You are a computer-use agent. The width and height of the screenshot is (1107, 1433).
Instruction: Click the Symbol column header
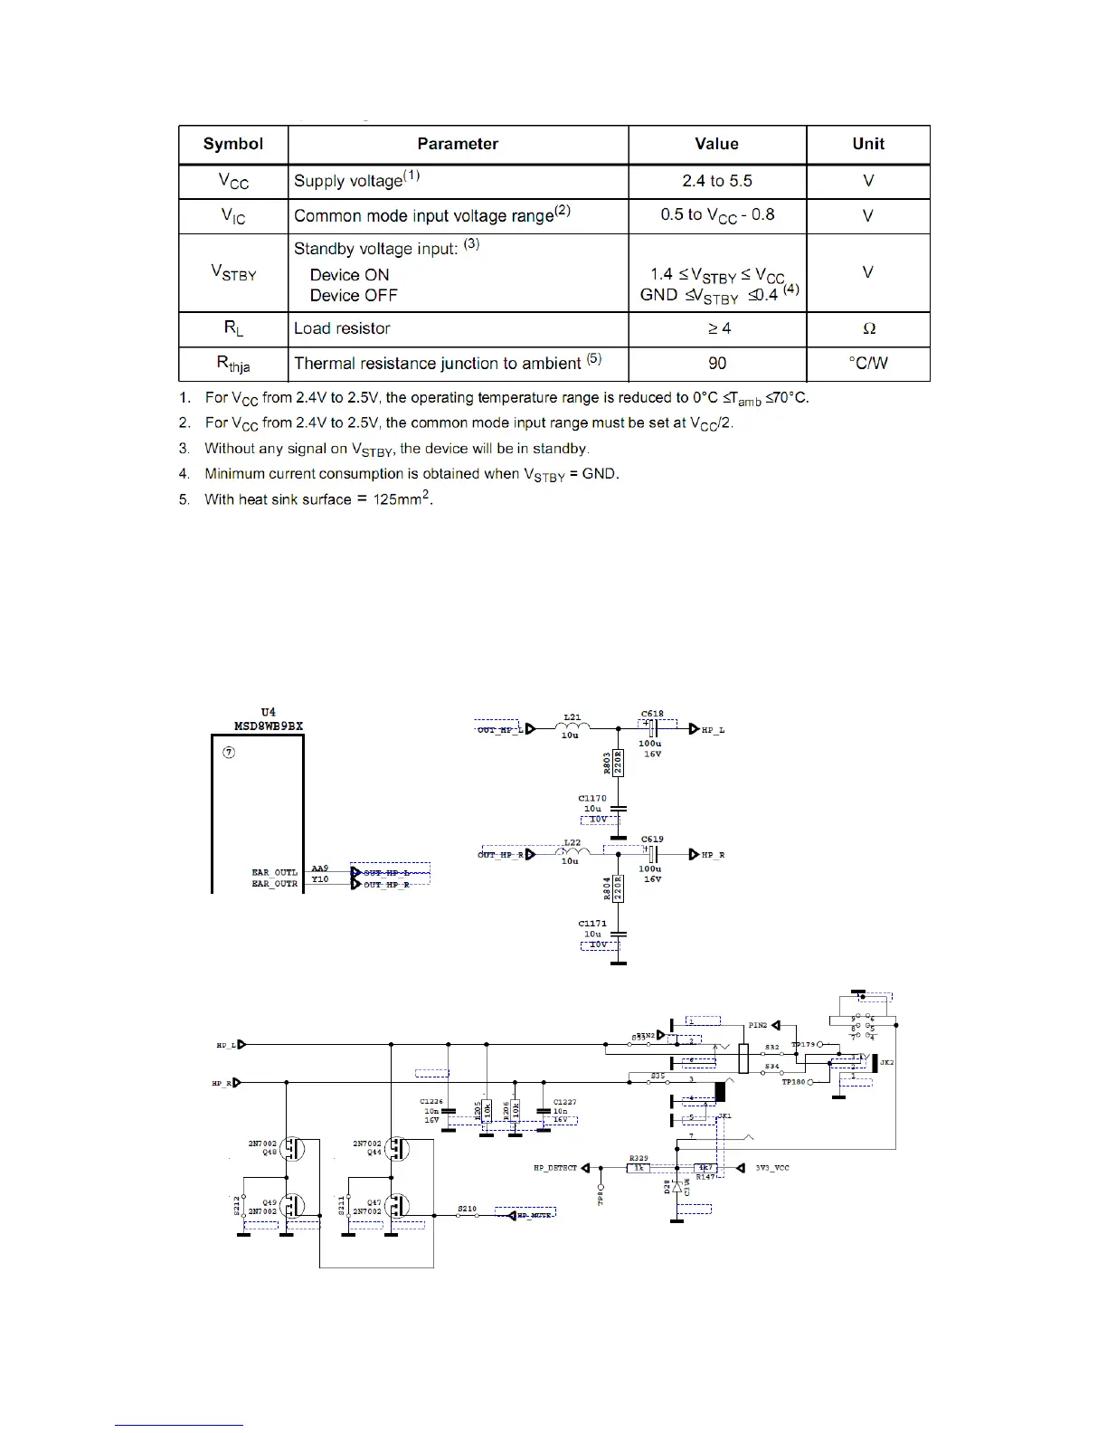[x=233, y=144]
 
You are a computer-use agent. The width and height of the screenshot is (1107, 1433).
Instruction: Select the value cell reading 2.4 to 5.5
[x=716, y=181]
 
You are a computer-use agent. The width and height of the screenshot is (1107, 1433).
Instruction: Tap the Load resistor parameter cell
[x=342, y=328]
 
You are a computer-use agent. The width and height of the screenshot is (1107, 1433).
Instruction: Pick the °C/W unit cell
[x=867, y=363]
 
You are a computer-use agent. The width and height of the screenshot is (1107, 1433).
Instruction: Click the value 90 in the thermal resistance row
[x=716, y=363]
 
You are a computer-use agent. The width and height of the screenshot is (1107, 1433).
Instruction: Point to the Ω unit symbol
[x=868, y=329]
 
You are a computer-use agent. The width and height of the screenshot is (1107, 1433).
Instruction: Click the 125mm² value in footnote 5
[x=402, y=498]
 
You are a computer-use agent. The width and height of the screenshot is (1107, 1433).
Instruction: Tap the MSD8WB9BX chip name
[x=269, y=726]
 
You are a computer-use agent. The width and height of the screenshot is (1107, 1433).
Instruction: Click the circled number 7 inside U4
[x=230, y=753]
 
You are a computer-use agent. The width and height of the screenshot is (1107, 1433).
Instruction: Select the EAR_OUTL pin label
[x=274, y=873]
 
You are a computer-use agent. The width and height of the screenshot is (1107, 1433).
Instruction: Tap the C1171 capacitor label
[x=592, y=924]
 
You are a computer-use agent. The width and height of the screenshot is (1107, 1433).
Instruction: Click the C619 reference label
[x=652, y=840]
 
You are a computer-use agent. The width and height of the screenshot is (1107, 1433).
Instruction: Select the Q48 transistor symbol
[x=292, y=1149]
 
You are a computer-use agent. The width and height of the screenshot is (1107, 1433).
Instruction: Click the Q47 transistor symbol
[x=396, y=1207]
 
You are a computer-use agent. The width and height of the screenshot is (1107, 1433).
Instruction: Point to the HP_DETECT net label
[x=554, y=1168]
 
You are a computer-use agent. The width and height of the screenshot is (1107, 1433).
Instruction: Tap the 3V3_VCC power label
[x=772, y=1168]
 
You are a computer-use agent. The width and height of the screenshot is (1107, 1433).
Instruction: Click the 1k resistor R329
[x=639, y=1168]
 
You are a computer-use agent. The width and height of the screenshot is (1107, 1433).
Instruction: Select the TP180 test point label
[x=793, y=1082]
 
